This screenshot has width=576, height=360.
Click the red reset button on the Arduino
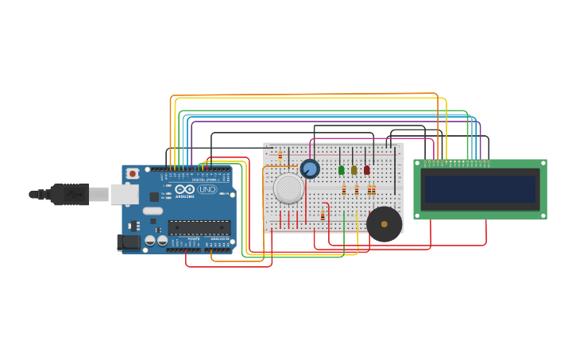(133, 173)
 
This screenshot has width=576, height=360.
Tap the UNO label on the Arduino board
(207, 190)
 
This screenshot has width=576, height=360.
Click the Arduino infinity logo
(184, 190)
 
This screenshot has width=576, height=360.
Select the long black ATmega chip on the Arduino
(199, 227)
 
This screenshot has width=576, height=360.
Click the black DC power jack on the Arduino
(128, 242)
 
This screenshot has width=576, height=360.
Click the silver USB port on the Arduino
(124, 194)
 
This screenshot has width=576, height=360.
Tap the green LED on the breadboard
(342, 170)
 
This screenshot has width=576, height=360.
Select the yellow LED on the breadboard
(354, 170)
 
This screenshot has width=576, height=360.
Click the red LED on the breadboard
(367, 170)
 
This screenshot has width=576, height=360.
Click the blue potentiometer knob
(310, 168)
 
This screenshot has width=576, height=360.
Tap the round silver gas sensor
(288, 188)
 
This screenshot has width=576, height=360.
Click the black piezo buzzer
(385, 224)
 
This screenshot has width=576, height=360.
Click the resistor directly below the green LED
(344, 190)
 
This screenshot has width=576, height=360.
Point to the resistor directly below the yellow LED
(357, 190)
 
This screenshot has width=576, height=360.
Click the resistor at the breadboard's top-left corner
(280, 155)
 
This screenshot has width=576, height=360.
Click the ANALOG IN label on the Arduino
(218, 238)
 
